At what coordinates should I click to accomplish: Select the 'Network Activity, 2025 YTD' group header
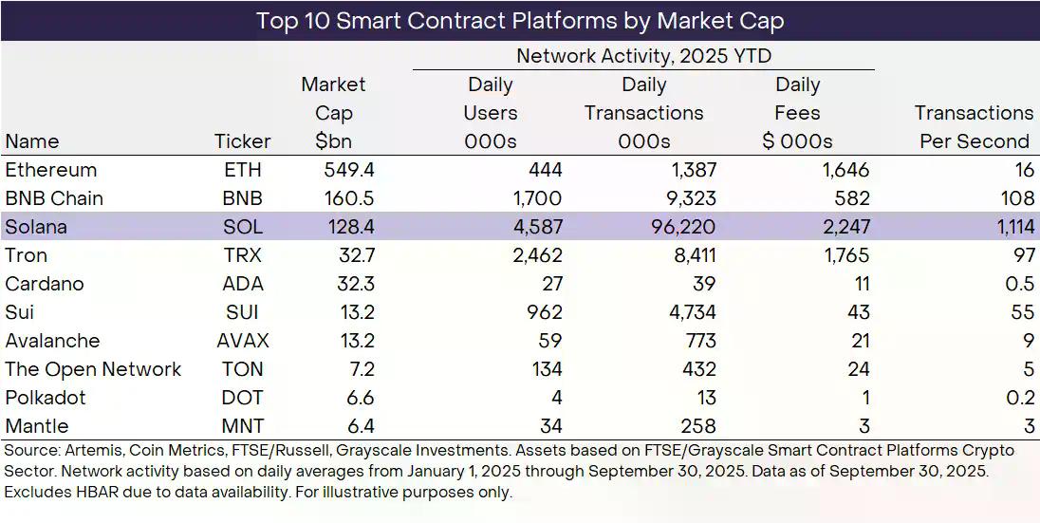point(643,56)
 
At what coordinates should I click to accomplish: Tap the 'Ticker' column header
point(243,141)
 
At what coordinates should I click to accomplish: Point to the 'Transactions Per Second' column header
point(974,127)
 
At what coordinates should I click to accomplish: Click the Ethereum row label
point(51,170)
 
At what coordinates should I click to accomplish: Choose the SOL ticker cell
point(243,227)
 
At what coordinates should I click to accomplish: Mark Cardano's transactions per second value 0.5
point(1020,284)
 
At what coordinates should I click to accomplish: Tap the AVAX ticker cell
point(243,341)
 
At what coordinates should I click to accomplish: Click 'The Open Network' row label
point(93,369)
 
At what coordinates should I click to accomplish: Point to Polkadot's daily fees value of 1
point(864,398)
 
